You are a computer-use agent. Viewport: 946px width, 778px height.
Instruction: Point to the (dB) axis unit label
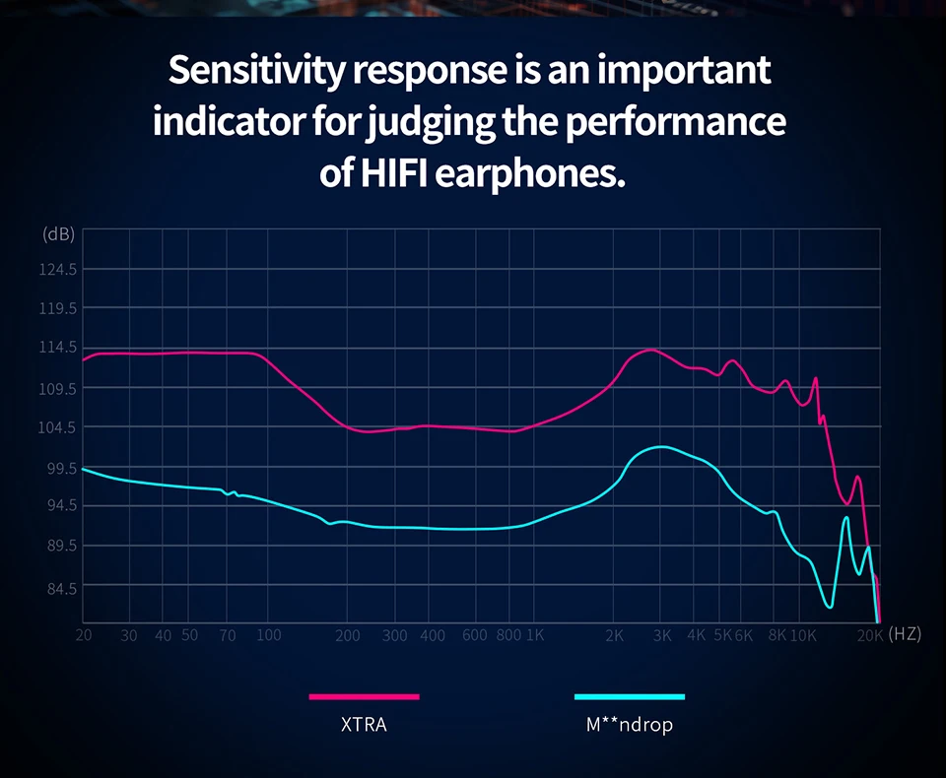click(x=59, y=234)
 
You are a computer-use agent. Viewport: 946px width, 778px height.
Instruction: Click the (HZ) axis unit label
click(x=905, y=634)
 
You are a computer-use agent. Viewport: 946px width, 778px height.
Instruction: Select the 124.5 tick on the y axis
click(x=59, y=269)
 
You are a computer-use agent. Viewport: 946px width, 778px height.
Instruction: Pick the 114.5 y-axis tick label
click(x=59, y=347)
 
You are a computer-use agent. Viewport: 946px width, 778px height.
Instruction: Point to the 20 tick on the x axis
click(x=84, y=635)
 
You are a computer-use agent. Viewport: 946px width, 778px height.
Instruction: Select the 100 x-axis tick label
click(x=268, y=635)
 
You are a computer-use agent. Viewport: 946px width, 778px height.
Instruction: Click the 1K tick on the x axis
click(x=534, y=635)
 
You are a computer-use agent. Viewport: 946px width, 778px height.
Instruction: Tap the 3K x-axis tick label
click(x=662, y=635)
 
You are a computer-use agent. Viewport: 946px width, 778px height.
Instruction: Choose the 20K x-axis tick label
click(x=869, y=635)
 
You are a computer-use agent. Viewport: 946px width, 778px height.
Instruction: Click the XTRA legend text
click(x=364, y=726)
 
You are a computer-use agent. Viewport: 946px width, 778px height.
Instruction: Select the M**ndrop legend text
click(x=629, y=726)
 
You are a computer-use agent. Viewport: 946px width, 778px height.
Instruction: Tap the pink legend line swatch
click(x=364, y=696)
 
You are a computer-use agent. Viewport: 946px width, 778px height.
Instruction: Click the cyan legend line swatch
click(x=629, y=696)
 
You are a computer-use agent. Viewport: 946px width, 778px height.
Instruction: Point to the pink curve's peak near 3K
click(x=651, y=350)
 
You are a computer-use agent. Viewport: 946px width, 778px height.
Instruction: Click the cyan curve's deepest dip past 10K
click(x=830, y=607)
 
